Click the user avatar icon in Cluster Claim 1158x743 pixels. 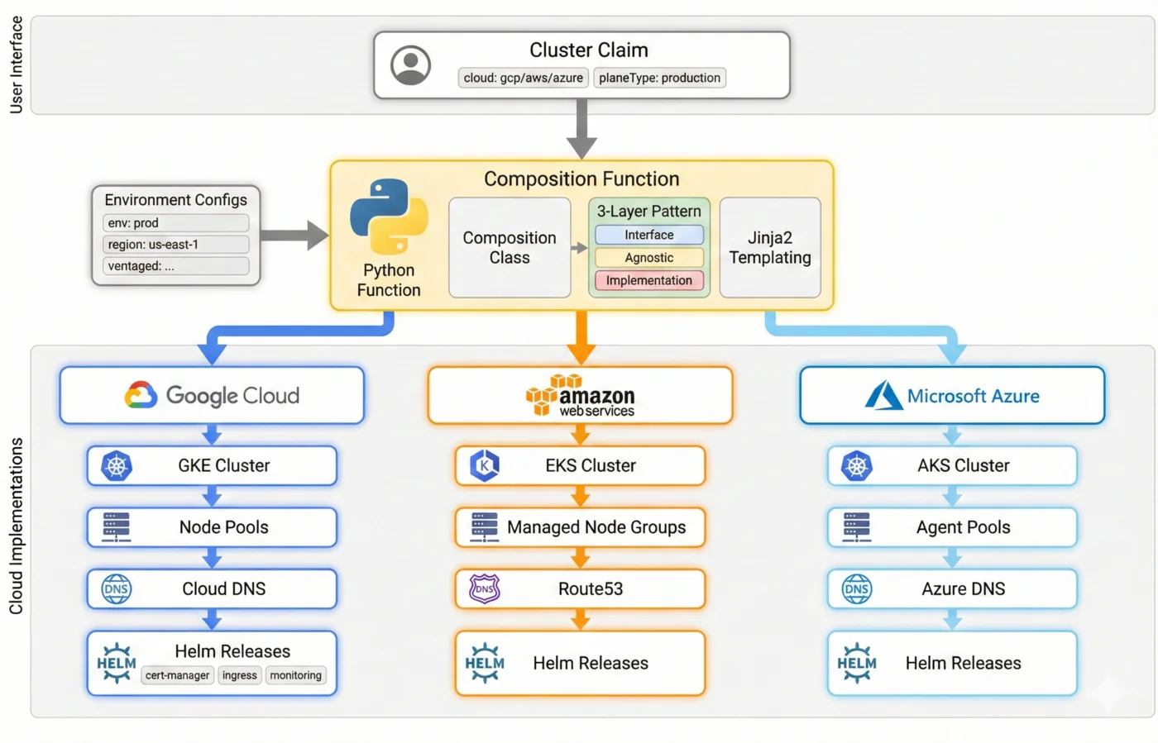(410, 65)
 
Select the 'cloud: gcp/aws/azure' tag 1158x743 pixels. (523, 78)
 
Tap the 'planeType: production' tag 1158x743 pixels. (659, 78)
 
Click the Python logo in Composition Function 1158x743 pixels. (389, 216)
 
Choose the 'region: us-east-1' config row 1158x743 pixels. (175, 245)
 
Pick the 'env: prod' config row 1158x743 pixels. (175, 223)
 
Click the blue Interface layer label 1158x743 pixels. (648, 235)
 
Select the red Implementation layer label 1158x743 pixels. (648, 280)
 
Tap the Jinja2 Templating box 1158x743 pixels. (769, 248)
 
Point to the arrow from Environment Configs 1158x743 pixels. (294, 235)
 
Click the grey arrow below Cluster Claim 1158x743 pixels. (581, 128)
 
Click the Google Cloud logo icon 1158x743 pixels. (141, 395)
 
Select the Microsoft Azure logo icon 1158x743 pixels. (883, 396)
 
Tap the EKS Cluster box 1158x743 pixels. (580, 465)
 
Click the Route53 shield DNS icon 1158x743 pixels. (485, 588)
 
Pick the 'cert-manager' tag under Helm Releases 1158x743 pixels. (177, 675)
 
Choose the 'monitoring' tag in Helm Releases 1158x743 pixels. (295, 675)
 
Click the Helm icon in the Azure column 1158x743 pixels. (856, 663)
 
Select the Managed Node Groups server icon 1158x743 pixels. (484, 527)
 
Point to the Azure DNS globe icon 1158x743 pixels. (856, 588)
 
